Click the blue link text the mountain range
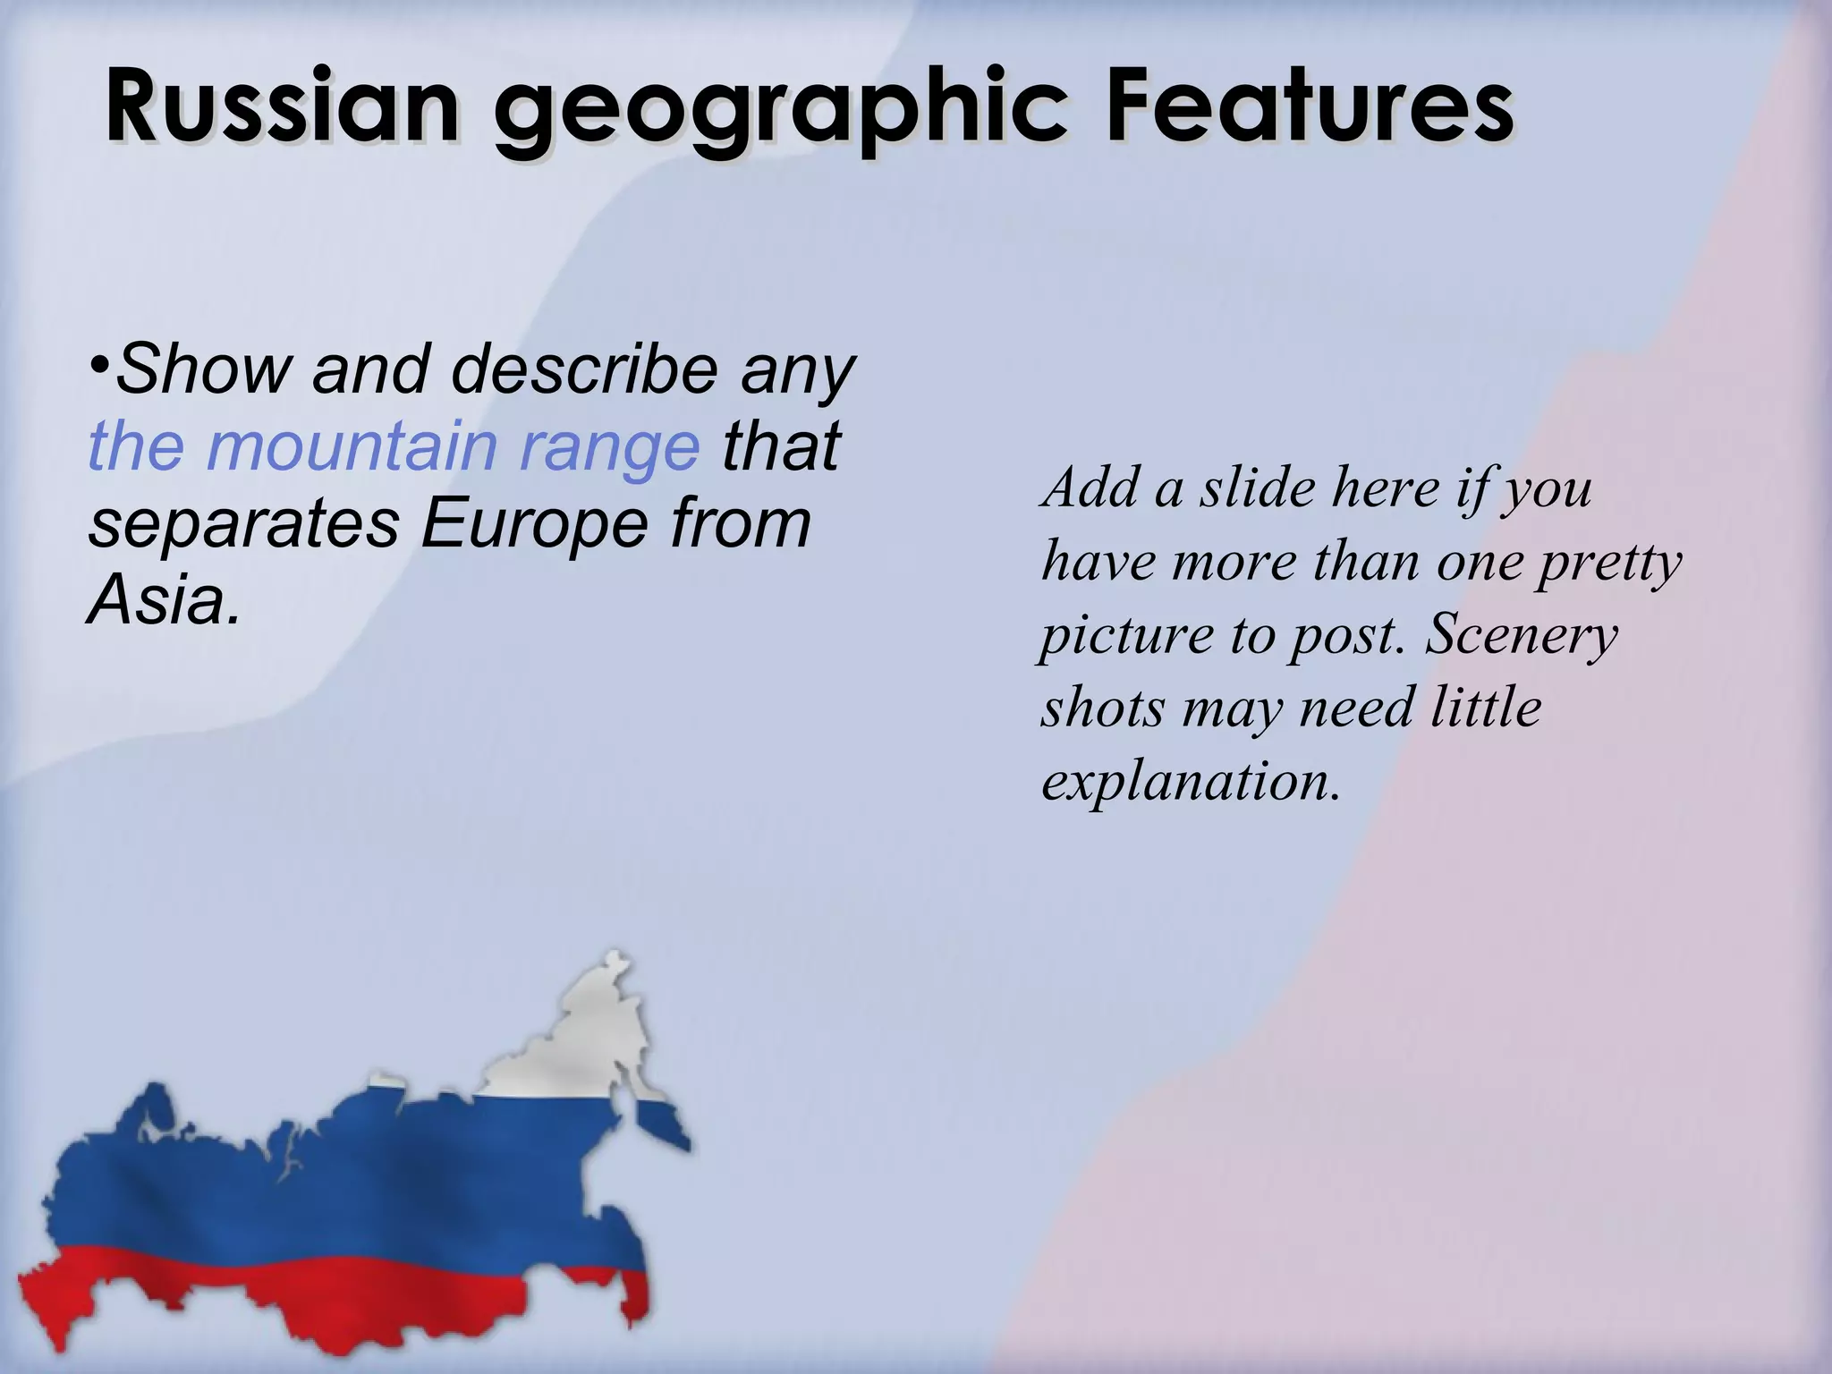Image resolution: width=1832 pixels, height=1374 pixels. [393, 445]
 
